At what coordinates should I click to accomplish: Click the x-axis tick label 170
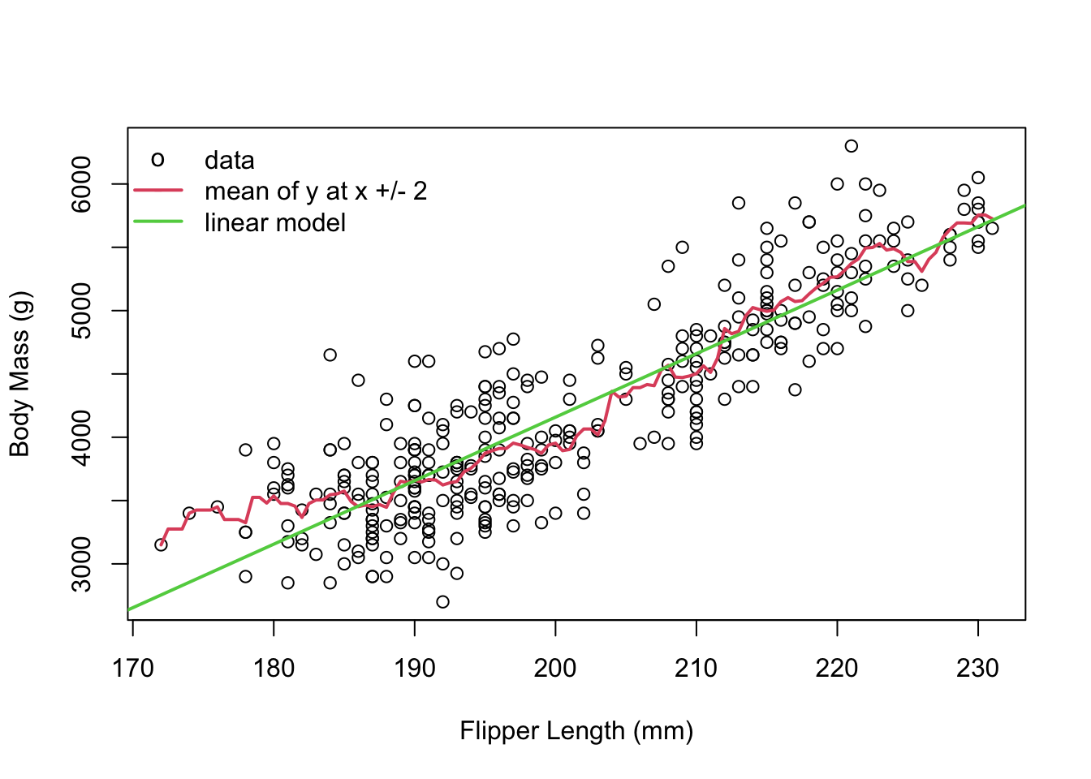(x=132, y=668)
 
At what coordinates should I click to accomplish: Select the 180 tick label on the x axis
(x=274, y=668)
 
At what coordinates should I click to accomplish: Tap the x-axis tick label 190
(x=415, y=668)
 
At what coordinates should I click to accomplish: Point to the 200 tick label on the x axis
(x=555, y=668)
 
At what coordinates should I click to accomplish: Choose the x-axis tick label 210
(x=696, y=668)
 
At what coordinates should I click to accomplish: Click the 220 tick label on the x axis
(x=837, y=668)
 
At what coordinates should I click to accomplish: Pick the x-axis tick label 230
(x=978, y=668)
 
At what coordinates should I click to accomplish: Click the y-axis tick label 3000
(x=82, y=564)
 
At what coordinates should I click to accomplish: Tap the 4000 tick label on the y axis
(x=82, y=437)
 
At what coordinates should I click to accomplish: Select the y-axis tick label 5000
(x=82, y=311)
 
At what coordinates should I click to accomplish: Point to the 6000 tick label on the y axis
(x=82, y=184)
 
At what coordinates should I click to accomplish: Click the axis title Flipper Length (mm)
(x=576, y=731)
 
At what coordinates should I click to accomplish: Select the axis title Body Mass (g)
(x=19, y=374)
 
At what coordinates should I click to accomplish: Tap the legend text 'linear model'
(x=275, y=222)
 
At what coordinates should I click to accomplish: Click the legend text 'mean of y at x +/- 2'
(x=315, y=191)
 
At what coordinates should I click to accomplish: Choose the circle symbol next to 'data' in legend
(x=158, y=160)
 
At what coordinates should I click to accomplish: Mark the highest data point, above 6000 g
(x=851, y=146)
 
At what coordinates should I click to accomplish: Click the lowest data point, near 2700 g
(x=442, y=601)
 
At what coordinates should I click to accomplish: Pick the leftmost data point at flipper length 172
(x=161, y=544)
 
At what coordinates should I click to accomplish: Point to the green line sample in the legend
(x=158, y=222)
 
